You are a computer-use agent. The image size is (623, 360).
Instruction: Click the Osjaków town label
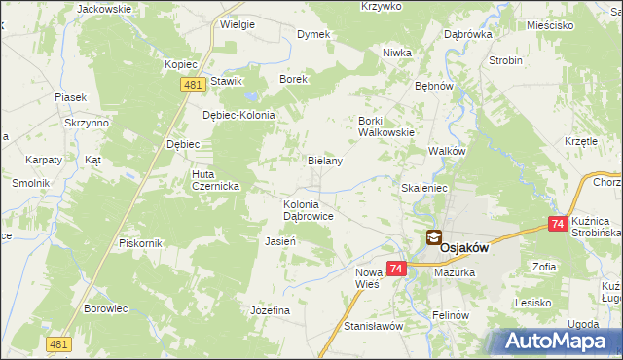click(x=464, y=247)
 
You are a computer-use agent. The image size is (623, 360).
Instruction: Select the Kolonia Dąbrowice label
click(x=309, y=210)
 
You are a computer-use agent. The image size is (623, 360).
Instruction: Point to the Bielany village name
click(x=325, y=161)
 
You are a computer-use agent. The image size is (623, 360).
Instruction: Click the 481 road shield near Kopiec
click(x=191, y=86)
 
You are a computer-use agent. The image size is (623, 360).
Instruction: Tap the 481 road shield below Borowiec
click(x=57, y=343)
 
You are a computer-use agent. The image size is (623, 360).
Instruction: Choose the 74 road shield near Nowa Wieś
click(x=395, y=268)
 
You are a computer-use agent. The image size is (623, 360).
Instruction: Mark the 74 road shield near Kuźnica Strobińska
click(x=558, y=224)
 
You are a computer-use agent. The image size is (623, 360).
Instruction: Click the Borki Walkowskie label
click(x=386, y=126)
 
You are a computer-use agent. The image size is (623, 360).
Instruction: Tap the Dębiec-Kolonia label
click(x=239, y=114)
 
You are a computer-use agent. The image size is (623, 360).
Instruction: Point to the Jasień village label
click(x=280, y=240)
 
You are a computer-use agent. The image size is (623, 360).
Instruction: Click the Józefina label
click(x=271, y=309)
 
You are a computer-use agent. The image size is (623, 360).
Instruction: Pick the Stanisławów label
click(x=373, y=326)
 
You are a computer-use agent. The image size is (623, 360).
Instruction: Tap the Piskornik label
click(x=139, y=242)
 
